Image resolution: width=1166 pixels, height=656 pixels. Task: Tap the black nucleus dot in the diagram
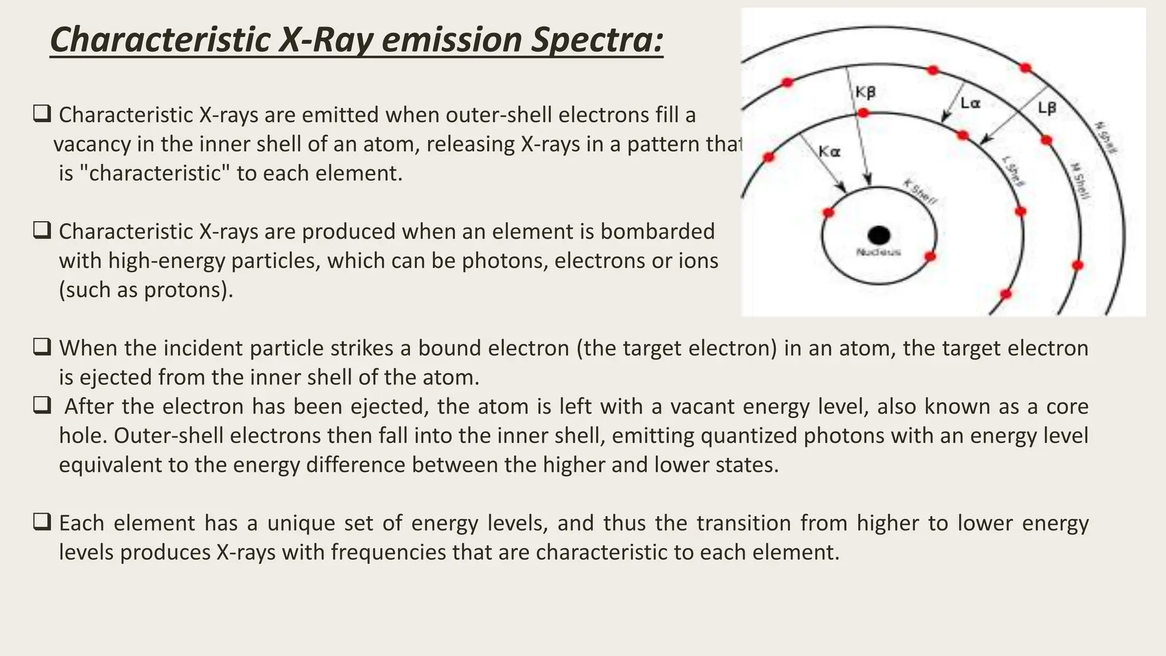click(x=878, y=235)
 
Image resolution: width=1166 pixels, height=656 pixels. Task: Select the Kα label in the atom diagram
click(x=830, y=152)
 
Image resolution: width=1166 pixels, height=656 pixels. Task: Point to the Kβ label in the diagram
click(x=865, y=92)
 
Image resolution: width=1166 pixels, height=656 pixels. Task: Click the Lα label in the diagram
click(x=970, y=104)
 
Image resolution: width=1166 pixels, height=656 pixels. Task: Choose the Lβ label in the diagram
click(x=1047, y=108)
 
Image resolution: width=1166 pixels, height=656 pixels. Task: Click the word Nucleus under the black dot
click(x=878, y=252)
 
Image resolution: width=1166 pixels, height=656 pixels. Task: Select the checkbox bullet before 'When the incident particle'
click(x=42, y=347)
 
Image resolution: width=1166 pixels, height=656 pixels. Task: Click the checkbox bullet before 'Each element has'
click(x=42, y=522)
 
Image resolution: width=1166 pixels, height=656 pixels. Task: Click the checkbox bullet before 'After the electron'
click(x=42, y=405)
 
